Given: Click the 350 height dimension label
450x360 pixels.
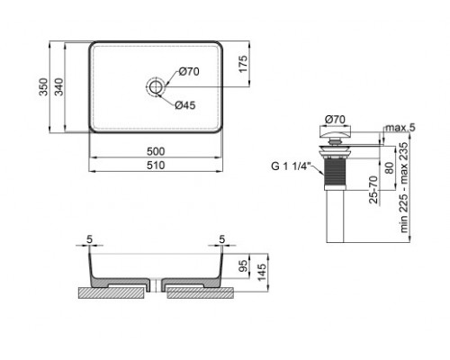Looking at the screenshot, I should pyautogui.click(x=41, y=87).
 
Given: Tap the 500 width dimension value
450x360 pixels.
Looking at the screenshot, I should pyautogui.click(x=157, y=150).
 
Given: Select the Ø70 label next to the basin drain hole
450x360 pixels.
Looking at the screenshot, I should pyautogui.click(x=188, y=71).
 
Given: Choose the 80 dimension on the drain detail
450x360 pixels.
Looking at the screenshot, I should pyautogui.click(x=388, y=168).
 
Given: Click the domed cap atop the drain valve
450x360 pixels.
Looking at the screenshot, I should pyautogui.click(x=334, y=133).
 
